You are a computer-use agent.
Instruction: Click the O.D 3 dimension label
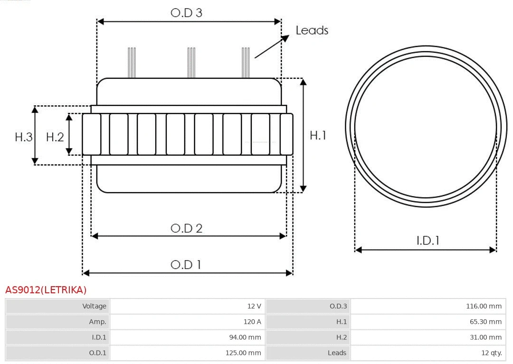pos(186,13)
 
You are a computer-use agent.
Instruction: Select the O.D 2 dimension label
pos(186,228)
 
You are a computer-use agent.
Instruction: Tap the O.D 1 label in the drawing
pos(186,264)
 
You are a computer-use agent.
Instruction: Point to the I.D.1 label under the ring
pos(428,241)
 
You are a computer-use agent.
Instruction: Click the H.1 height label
pos(318,135)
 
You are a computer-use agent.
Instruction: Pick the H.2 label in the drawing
pos(55,137)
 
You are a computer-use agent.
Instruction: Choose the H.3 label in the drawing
pos(24,137)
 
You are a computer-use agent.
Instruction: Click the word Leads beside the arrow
pos(312,30)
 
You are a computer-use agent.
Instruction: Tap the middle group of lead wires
pos(191,63)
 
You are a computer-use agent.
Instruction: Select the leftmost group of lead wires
pos(132,63)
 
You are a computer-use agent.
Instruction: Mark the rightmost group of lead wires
pos(246,63)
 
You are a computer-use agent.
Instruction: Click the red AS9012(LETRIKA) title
pos(46,290)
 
